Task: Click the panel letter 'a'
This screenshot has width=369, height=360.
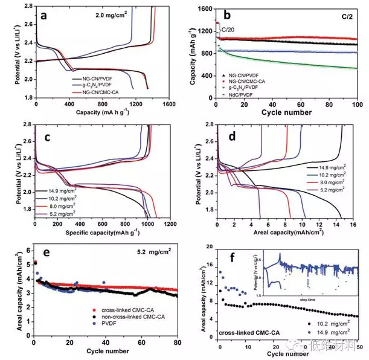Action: pos(43,16)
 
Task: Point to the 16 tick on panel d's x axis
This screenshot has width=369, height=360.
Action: pos(354,223)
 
